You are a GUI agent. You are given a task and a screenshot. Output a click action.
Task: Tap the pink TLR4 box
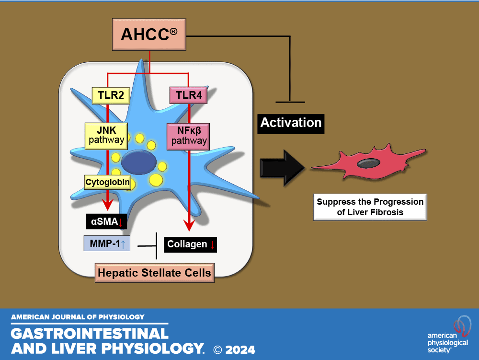188,95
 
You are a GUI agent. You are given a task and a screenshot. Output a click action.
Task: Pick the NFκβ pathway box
189,136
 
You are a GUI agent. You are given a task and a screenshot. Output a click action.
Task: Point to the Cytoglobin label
107,182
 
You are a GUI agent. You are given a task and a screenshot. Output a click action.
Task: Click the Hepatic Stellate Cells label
154,273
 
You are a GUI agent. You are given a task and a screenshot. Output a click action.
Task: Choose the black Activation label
291,123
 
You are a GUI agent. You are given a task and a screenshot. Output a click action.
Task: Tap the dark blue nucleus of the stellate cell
138,162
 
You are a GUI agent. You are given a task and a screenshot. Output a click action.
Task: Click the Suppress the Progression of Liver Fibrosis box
370,207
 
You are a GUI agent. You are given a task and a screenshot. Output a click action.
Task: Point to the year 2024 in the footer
241,349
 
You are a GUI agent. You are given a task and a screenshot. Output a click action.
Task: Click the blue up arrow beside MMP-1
123,245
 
